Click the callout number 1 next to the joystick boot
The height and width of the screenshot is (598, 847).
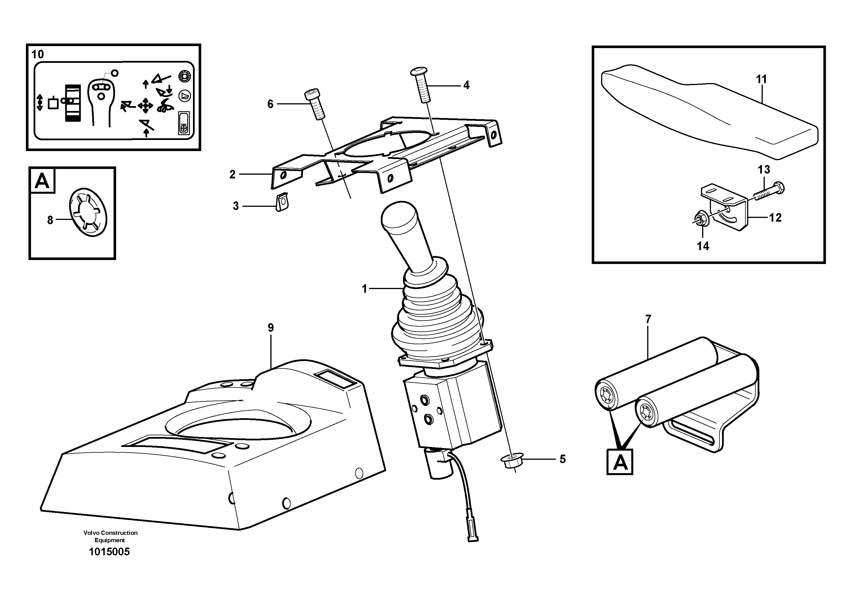tap(365, 289)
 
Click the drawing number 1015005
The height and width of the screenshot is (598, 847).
tap(109, 552)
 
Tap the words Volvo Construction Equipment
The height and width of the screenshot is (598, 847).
tap(110, 537)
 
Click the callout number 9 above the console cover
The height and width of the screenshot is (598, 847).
tap(271, 327)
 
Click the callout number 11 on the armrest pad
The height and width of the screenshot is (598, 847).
tap(761, 79)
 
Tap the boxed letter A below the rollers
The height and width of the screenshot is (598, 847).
tap(620, 462)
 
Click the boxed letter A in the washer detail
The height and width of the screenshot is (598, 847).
tap(42, 181)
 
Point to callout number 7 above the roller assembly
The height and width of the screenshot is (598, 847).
tap(648, 319)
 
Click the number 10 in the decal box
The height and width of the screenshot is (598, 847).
tap(37, 55)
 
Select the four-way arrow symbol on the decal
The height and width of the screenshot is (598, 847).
tap(145, 106)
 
